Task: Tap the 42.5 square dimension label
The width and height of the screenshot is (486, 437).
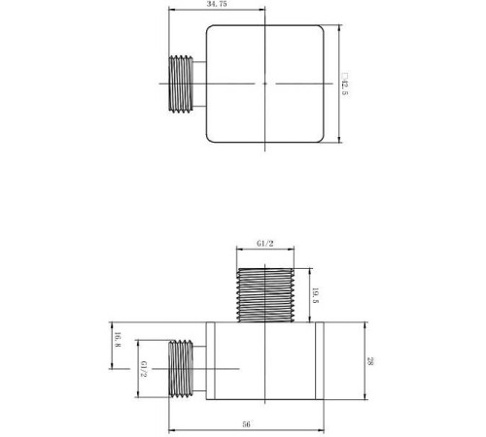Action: pos(344,84)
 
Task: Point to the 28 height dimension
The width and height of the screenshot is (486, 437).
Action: pos(370,361)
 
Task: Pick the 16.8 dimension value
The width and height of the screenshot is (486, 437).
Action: pos(118,341)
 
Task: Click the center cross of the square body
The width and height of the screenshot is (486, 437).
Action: pos(264,84)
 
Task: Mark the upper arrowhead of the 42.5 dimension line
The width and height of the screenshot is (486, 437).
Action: pos(337,28)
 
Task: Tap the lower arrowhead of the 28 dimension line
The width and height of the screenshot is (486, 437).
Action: pos(364,398)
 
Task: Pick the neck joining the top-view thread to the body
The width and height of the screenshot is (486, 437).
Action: pos(200,84)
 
